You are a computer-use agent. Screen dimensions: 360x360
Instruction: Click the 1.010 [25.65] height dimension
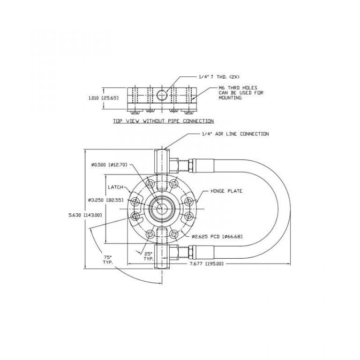coord(104,98)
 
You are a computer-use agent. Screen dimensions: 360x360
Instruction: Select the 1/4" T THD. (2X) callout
coord(219,77)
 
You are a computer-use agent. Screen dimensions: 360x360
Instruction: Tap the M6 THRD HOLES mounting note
coord(241,93)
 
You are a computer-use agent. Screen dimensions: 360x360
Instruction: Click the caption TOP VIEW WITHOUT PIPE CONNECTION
coord(163,121)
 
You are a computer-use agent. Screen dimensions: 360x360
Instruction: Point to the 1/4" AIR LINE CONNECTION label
coord(235,134)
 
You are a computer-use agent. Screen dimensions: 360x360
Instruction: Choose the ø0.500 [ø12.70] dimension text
coord(109,165)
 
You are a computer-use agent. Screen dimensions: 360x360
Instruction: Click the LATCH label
coord(115,187)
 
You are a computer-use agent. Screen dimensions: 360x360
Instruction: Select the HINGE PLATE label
coord(226,191)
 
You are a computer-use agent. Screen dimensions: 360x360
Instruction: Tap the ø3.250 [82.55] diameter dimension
coord(105,200)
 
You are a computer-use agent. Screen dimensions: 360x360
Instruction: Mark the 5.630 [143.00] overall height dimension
coord(85,215)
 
